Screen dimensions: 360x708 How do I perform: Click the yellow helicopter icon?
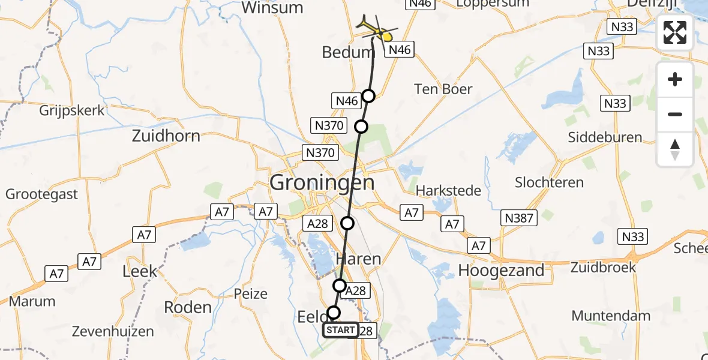tap(377, 27)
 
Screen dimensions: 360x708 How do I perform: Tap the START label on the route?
tap(341, 330)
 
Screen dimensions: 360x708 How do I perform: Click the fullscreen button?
tap(675, 32)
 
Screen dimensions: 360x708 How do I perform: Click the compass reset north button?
tap(675, 149)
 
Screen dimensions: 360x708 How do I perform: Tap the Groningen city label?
tap(322, 182)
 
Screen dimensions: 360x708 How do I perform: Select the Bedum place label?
tap(348, 52)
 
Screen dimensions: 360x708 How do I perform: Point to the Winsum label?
tap(272, 8)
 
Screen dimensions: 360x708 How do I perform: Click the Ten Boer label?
tap(443, 89)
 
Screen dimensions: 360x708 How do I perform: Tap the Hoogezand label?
tap(501, 271)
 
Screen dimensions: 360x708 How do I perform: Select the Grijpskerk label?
tap(71, 111)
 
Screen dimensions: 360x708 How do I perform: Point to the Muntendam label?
tap(611, 316)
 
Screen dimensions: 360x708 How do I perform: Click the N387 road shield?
tap(519, 219)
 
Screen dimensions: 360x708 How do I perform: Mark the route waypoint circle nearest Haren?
tap(340, 285)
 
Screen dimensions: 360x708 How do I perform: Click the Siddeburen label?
tap(605, 137)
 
